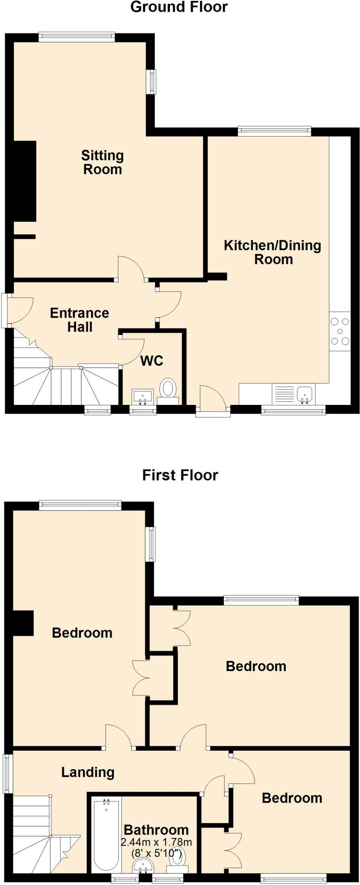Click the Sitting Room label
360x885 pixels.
pos(102,162)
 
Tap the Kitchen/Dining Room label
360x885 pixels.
pos(273,252)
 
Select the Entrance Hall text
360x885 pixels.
pos(80,320)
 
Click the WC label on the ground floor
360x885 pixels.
pos(152,361)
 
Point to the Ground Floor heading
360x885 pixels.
pos(179,7)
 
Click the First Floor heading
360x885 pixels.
pos(180,475)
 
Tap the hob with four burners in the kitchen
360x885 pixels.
pos(340,331)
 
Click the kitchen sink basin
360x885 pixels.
pos(305,394)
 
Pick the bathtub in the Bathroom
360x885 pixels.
pos(106,835)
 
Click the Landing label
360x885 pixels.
pos(88,772)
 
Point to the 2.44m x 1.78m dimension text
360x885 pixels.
pos(156,842)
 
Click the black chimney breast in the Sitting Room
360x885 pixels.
pos(24,181)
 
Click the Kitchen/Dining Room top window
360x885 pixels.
pos(274,131)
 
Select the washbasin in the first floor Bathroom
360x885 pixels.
pos(142,865)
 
